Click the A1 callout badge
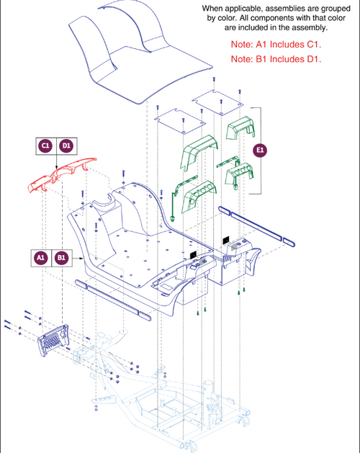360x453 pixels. pyautogui.click(x=41, y=257)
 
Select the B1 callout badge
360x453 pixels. pyautogui.click(x=61, y=257)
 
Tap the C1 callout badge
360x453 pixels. pyautogui.click(x=45, y=145)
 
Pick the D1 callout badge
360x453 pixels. pyautogui.click(x=66, y=145)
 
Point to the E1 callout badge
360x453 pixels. pyautogui.click(x=260, y=151)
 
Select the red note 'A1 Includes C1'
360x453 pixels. pyautogui.click(x=276, y=45)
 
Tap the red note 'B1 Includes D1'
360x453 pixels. pyautogui.click(x=276, y=59)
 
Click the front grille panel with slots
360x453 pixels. pyautogui.click(x=53, y=340)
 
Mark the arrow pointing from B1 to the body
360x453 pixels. pyautogui.click(x=78, y=258)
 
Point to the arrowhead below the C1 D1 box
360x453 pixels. pyautogui.click(x=56, y=168)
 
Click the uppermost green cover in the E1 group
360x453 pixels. pyautogui.click(x=240, y=127)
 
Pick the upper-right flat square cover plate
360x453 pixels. pyautogui.click(x=217, y=102)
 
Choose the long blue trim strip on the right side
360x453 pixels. pyautogui.click(x=256, y=226)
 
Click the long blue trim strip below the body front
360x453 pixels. pyautogui.click(x=113, y=300)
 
